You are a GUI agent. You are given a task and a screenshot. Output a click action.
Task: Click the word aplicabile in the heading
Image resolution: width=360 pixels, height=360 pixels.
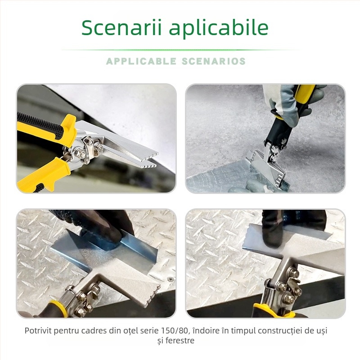point(219,28)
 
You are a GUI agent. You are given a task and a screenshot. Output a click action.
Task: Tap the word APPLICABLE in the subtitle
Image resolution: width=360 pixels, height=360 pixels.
point(141,61)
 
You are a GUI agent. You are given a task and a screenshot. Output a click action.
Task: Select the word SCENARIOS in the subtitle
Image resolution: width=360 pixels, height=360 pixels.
point(214,61)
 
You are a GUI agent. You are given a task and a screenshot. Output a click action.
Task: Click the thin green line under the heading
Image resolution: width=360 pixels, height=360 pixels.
point(180,50)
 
